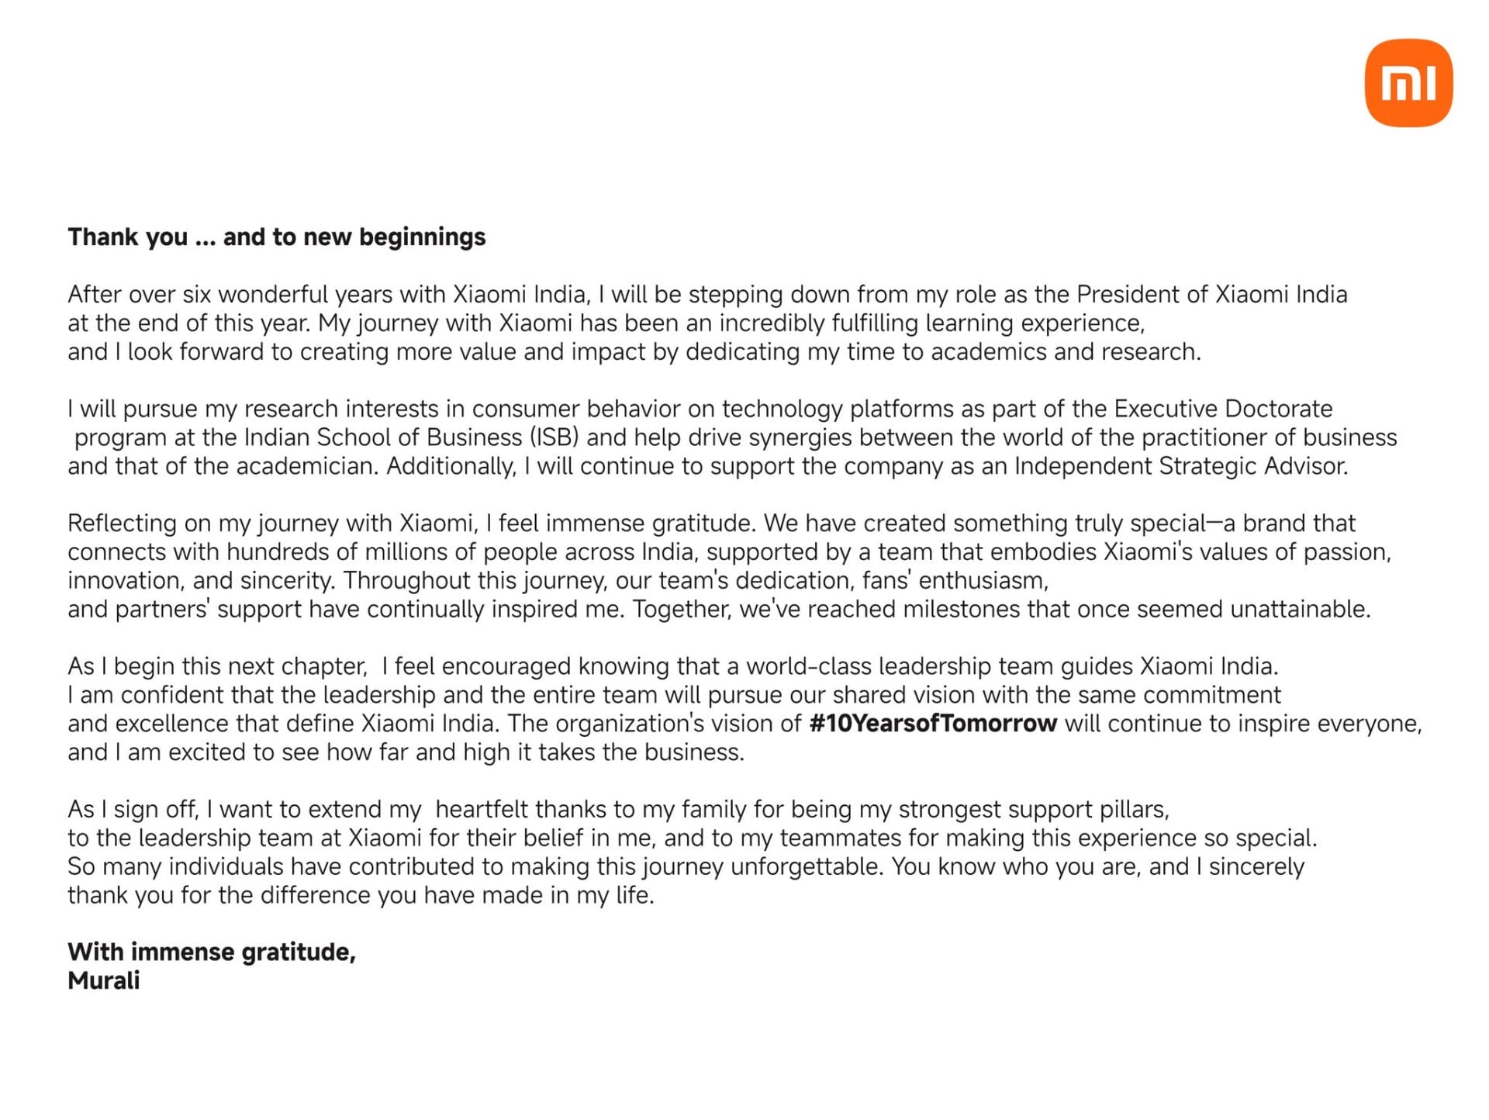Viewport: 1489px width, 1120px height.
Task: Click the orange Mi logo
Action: pos(1408,83)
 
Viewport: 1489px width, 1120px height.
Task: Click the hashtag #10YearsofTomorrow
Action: pos(932,724)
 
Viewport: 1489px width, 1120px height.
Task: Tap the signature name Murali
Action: pos(104,980)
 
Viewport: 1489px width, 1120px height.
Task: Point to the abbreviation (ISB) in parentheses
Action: pos(554,437)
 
